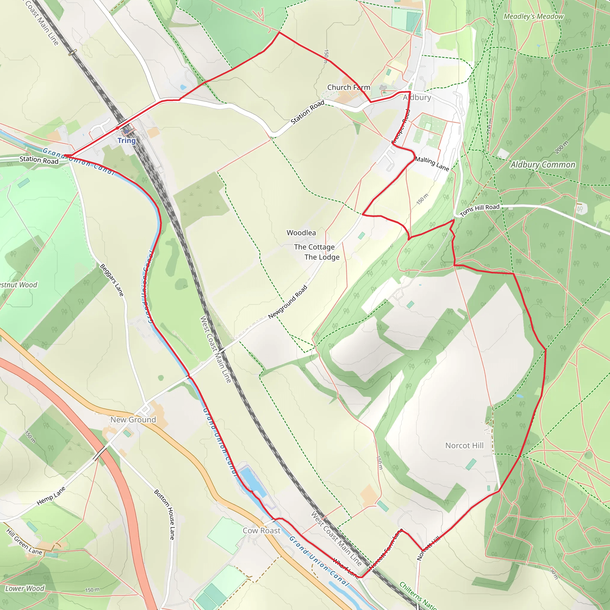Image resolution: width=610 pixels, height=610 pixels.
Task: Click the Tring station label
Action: click(127, 141)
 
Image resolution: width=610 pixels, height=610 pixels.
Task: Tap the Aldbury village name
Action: click(417, 98)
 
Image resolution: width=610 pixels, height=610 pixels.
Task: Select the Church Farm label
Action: click(348, 88)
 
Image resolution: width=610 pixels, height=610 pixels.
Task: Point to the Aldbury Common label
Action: click(543, 165)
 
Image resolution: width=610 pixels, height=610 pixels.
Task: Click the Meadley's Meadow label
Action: click(533, 16)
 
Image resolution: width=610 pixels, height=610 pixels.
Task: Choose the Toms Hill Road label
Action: click(480, 210)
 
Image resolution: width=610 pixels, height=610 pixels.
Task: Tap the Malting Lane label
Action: click(432, 163)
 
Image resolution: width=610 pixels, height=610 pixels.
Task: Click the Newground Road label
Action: click(288, 302)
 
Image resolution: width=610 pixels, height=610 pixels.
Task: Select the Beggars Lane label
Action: click(112, 280)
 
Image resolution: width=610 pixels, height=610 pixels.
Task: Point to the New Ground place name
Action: click(133, 420)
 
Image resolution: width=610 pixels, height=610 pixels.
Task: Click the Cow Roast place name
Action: click(262, 531)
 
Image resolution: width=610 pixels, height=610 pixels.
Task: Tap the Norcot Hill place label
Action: click(464, 446)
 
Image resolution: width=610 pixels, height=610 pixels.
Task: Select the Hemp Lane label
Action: click(51, 496)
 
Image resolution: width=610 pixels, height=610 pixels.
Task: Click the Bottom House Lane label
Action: click(164, 514)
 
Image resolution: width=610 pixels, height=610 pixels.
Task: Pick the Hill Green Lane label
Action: click(24, 542)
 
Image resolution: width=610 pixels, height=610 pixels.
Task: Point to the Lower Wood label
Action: click(25, 589)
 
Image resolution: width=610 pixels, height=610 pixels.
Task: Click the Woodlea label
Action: click(301, 233)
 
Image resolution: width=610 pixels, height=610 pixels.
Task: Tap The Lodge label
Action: click(322, 257)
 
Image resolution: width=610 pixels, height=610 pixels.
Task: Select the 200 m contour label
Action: click(562, 147)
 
